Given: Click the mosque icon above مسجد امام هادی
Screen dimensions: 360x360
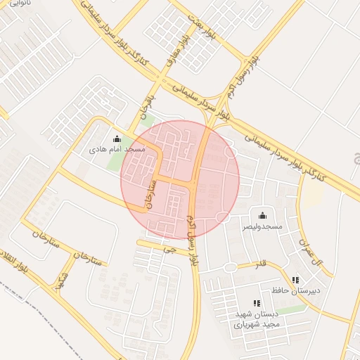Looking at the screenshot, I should [x=117, y=139].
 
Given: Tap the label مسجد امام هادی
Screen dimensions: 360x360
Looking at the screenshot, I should [x=117, y=150].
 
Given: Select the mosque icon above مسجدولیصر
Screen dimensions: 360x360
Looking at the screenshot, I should [x=263, y=215].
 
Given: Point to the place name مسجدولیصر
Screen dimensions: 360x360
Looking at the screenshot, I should [x=262, y=226].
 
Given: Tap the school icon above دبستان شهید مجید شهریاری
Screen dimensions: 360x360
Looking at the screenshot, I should [x=257, y=303].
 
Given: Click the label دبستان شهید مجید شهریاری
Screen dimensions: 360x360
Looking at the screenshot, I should [x=257, y=319].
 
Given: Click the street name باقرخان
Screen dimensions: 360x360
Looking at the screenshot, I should [x=146, y=103].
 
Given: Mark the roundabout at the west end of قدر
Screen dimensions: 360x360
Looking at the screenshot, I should [x=229, y=267].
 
